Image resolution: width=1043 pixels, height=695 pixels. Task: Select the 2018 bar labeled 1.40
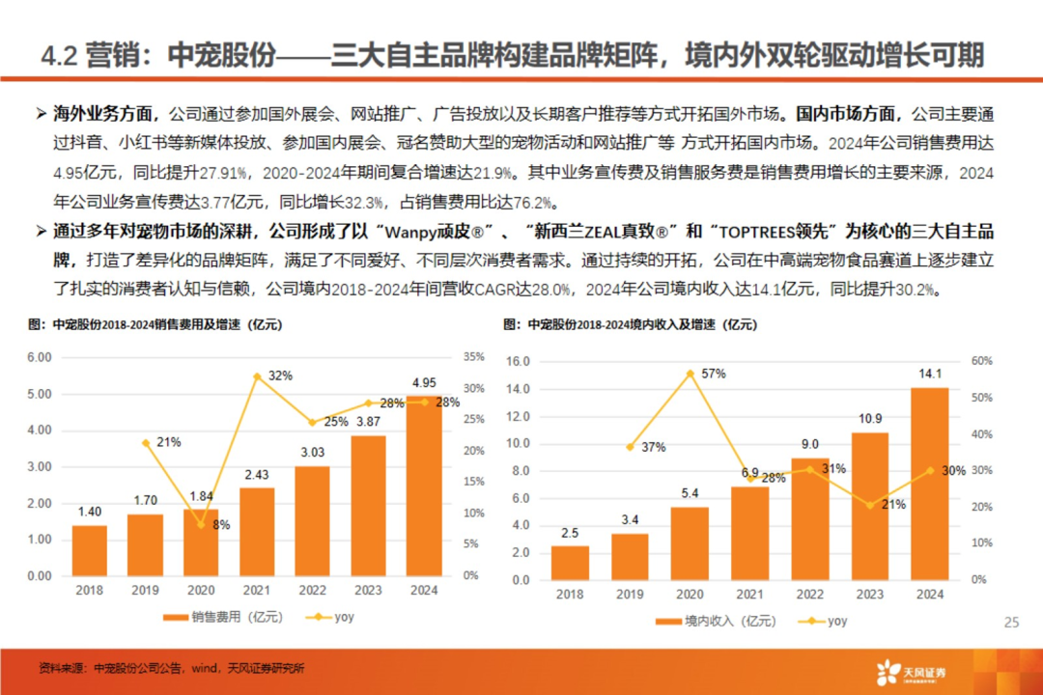[x=90, y=550]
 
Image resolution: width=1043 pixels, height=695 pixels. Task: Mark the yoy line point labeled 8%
[x=201, y=524]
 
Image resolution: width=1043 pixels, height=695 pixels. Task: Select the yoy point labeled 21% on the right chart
[x=870, y=505]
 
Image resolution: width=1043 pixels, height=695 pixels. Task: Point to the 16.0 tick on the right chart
[x=520, y=361]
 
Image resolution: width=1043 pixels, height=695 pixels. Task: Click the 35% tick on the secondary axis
[x=474, y=357]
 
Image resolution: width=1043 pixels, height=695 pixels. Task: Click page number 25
[x=1012, y=623]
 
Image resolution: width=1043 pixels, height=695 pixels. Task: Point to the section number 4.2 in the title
[x=59, y=55]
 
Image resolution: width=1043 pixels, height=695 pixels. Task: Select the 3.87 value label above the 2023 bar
[x=368, y=422]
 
